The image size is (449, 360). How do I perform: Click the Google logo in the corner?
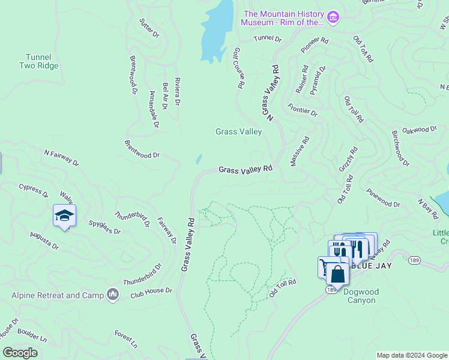click(20, 353)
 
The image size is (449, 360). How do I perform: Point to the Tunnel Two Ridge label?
click(38, 61)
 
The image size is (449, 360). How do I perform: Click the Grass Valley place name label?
click(239, 131)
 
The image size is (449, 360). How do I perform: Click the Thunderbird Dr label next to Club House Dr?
click(143, 274)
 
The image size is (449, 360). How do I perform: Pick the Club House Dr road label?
click(151, 291)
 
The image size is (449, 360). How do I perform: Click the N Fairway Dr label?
click(61, 158)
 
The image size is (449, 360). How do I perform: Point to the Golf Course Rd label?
click(237, 68)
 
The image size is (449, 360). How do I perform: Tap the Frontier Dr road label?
click(303, 109)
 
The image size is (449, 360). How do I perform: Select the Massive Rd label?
click(300, 152)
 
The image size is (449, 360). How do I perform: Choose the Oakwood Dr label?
click(419, 130)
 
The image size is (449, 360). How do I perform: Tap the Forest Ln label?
click(126, 338)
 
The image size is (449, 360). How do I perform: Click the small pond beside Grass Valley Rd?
click(199, 160)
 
